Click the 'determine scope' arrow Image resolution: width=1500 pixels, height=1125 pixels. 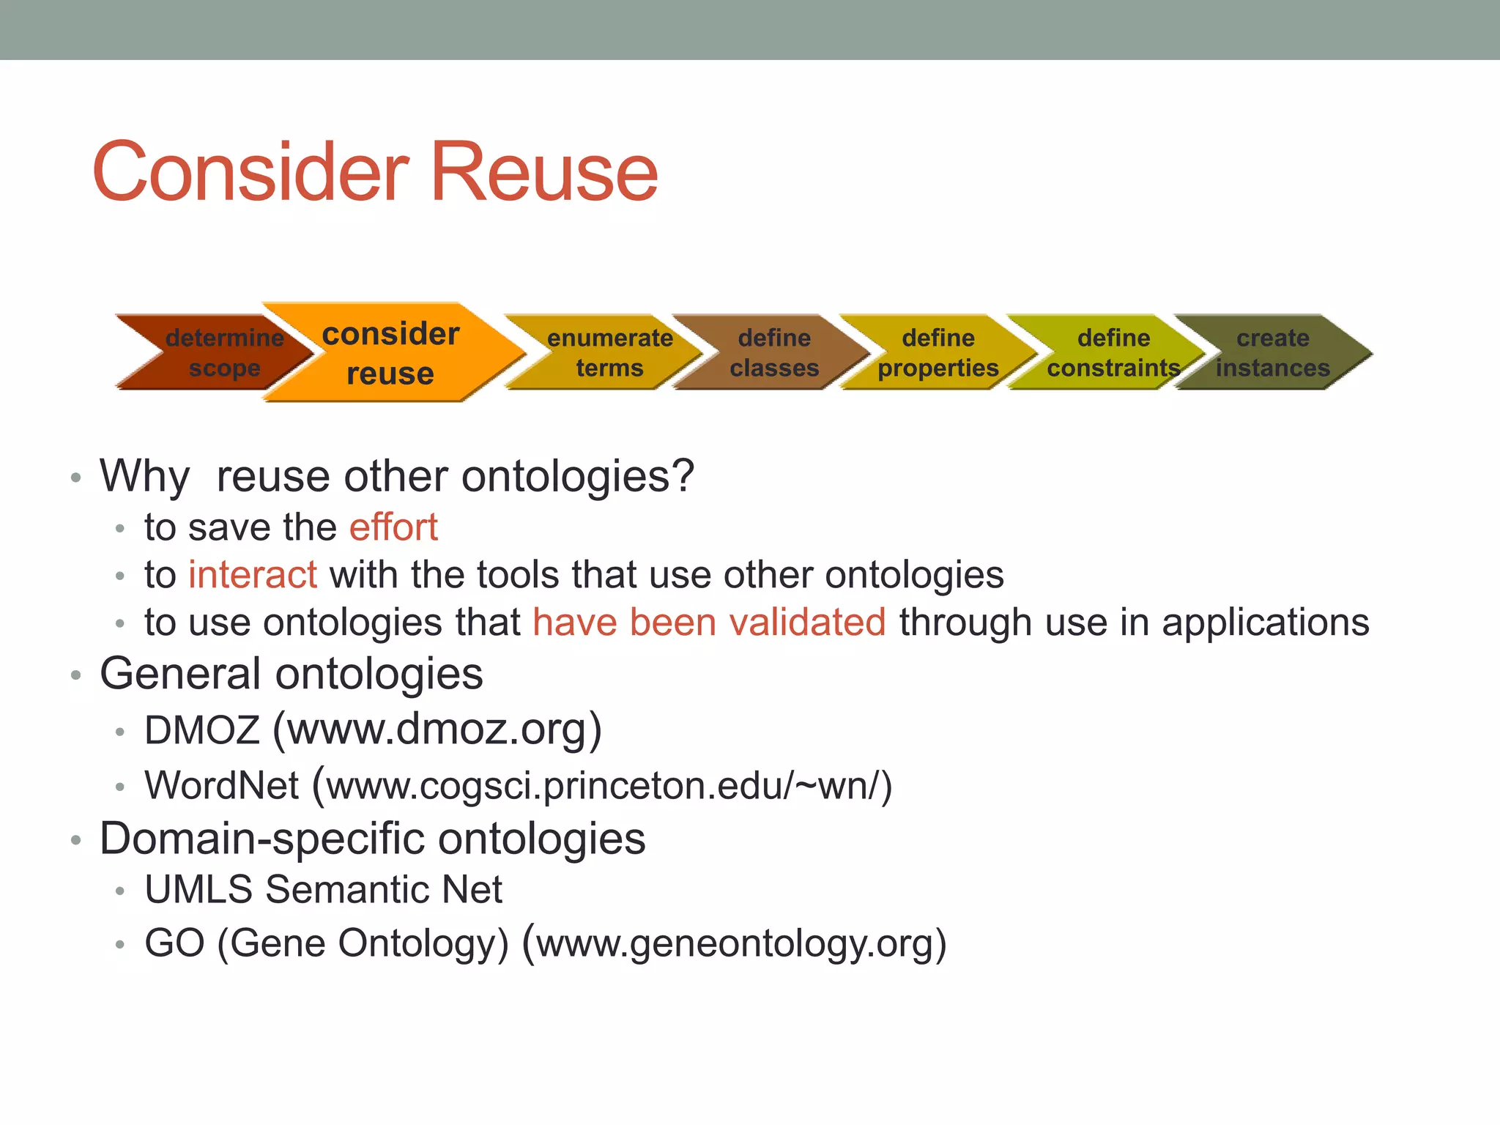click(x=220, y=352)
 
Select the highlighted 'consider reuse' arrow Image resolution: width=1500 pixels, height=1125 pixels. click(x=390, y=352)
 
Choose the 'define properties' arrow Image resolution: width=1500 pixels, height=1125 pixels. click(x=938, y=352)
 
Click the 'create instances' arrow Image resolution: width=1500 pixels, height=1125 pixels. click(x=1273, y=352)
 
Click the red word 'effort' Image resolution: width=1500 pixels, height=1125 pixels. click(x=393, y=527)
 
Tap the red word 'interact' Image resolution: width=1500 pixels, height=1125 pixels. click(x=253, y=574)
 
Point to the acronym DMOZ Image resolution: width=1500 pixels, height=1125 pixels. click(x=202, y=730)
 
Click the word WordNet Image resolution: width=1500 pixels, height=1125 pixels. click(x=222, y=785)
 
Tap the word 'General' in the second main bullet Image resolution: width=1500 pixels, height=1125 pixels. click(x=180, y=674)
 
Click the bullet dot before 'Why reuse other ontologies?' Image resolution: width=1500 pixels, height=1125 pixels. click(x=75, y=478)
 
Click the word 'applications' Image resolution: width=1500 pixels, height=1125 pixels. click(x=1265, y=623)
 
